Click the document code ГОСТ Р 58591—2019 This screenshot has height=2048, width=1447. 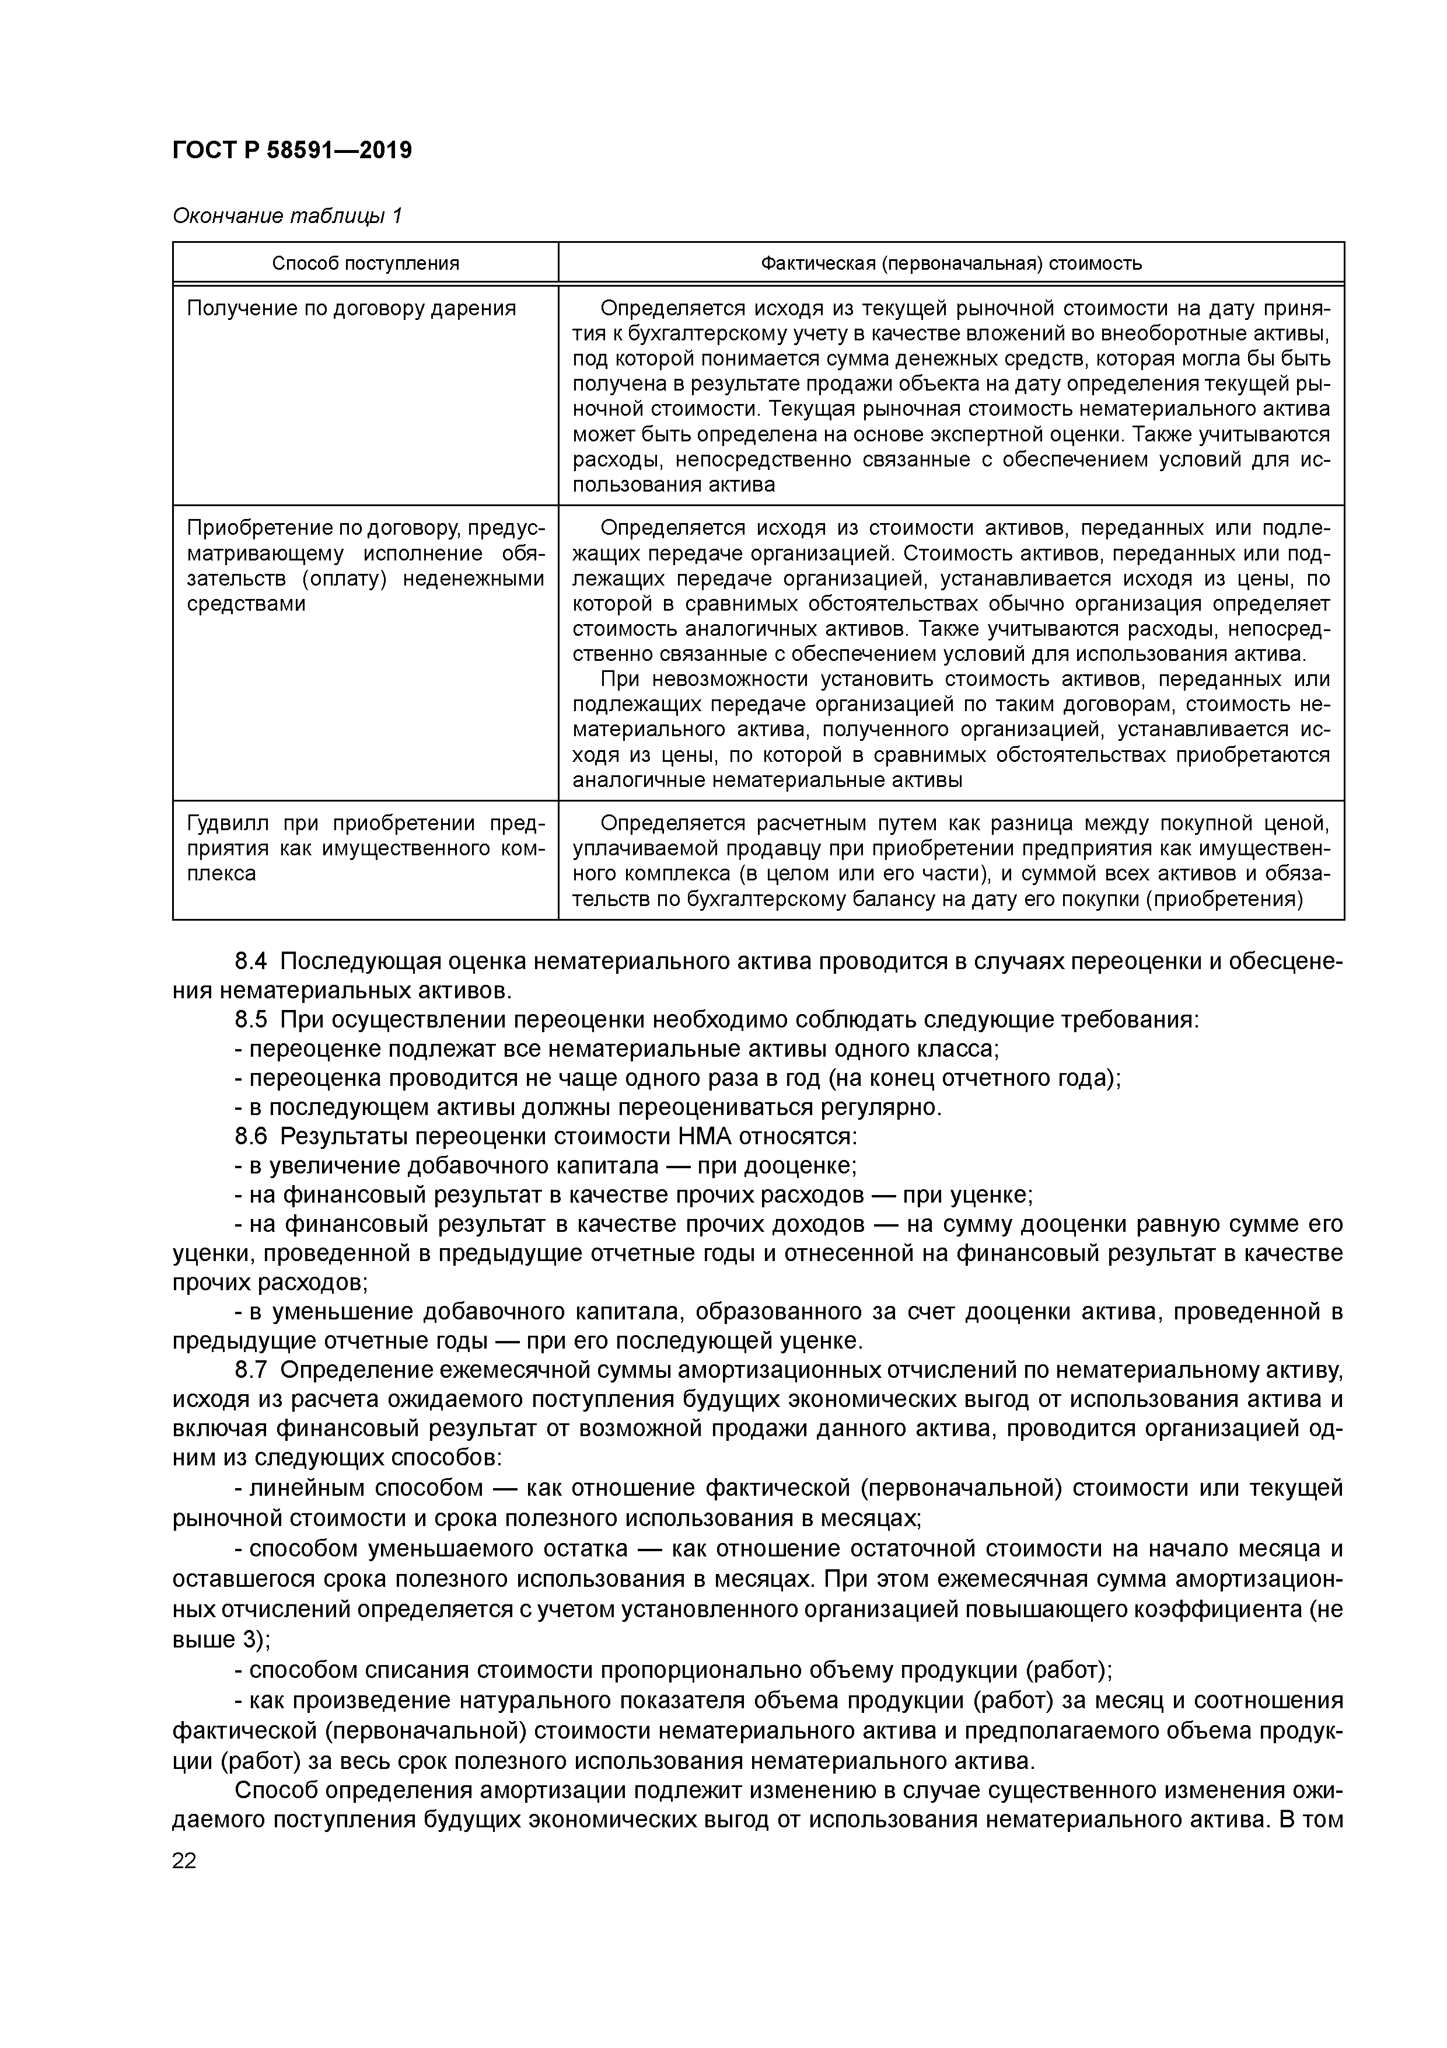tap(292, 150)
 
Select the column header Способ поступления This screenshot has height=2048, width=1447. tap(365, 263)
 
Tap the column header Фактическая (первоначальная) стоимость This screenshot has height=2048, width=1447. tap(950, 263)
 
